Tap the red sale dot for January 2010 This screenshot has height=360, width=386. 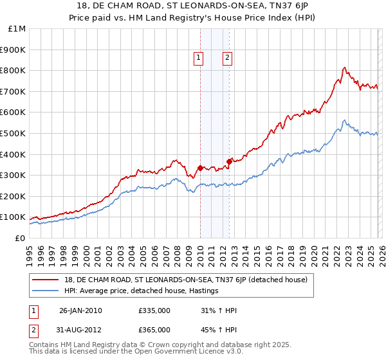pyautogui.click(x=200, y=168)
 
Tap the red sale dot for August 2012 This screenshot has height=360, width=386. pyautogui.click(x=229, y=161)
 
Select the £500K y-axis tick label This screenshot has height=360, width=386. pyautogui.click(x=14, y=133)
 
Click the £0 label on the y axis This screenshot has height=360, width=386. pyautogui.click(x=19, y=238)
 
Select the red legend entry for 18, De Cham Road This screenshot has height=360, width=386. pyautogui.click(x=186, y=280)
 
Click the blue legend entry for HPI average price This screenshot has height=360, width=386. pyautogui.click(x=141, y=291)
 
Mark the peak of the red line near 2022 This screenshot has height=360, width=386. pyautogui.click(x=345, y=67)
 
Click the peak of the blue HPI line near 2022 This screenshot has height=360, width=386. pyautogui.click(x=345, y=120)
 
